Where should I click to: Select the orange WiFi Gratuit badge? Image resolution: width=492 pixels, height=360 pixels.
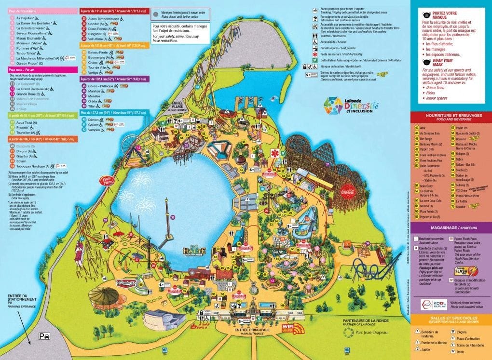click(x=291, y=329)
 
